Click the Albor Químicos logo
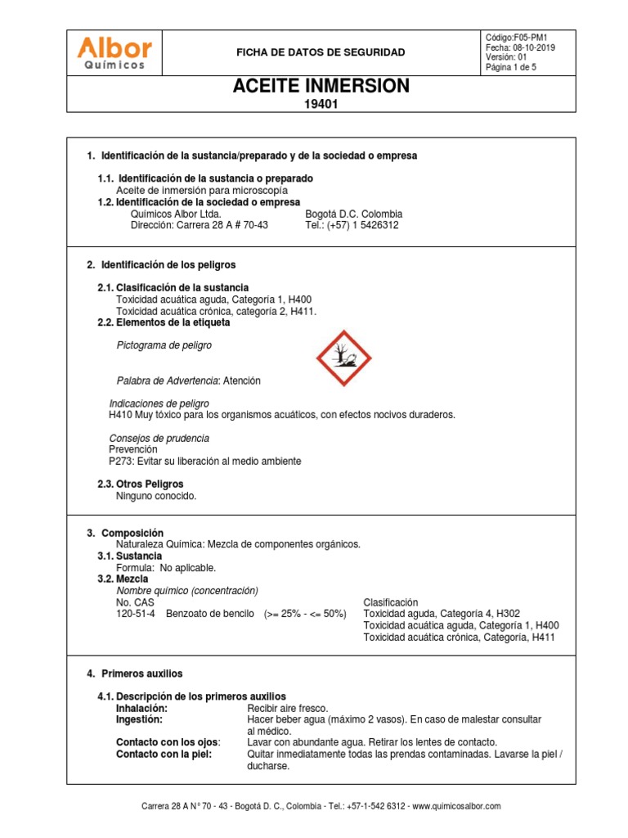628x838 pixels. pos(114,52)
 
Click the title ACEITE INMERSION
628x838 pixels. pos(321,87)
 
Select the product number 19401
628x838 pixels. pos(321,104)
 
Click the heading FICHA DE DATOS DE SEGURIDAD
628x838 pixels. pos(321,52)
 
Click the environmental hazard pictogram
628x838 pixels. pos(344,358)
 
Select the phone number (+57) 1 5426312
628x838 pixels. pos(363,225)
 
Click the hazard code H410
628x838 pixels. pos(121,415)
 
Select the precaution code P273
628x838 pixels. pos(121,462)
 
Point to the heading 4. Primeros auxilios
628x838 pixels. pos(135,674)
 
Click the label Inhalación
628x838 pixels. pos(142,708)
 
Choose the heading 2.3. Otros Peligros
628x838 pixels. pos(140,484)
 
